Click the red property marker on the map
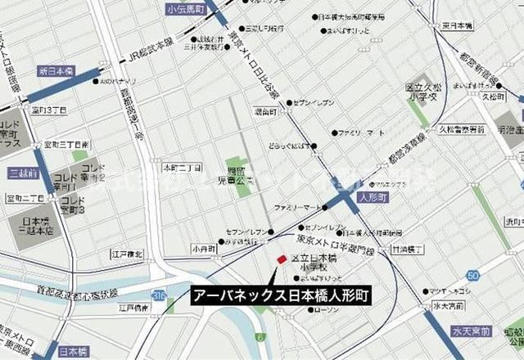pyautogui.click(x=281, y=259)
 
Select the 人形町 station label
pyautogui.click(x=371, y=197)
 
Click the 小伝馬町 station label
pyautogui.click(x=184, y=9)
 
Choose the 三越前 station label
pyautogui.click(x=25, y=173)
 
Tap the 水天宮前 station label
pyautogui.click(x=470, y=331)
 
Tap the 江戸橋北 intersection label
pyautogui.click(x=127, y=254)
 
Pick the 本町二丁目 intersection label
pyautogui.click(x=182, y=168)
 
